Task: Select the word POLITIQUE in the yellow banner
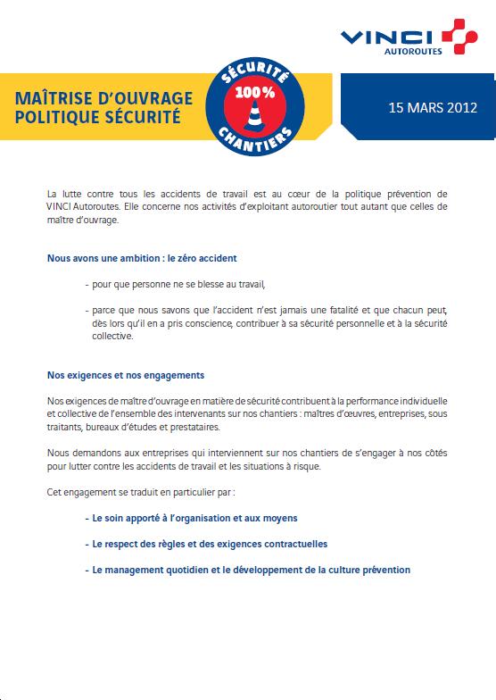(x=56, y=116)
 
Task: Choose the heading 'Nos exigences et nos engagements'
(x=126, y=376)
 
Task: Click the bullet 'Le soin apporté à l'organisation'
(x=194, y=517)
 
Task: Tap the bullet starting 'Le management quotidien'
(x=251, y=569)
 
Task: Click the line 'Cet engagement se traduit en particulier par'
(x=143, y=492)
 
